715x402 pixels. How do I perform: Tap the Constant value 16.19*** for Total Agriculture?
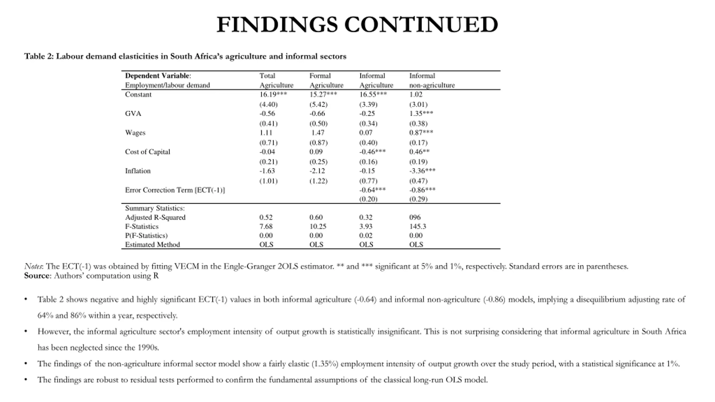(273, 94)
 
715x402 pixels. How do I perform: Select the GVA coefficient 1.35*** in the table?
(421, 113)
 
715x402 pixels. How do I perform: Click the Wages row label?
(135, 133)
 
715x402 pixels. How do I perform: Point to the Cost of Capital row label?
(147, 152)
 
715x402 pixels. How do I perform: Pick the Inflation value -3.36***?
(422, 171)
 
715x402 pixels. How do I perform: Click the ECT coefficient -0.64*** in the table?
(372, 190)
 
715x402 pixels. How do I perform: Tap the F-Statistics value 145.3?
(418, 226)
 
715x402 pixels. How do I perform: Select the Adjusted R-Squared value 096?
(415, 217)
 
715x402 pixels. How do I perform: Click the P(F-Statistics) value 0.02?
(366, 235)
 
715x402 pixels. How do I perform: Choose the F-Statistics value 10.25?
(318, 226)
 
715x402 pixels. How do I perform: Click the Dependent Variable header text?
(158, 76)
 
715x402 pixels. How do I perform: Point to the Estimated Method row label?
(152, 245)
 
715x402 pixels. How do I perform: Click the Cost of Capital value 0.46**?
(419, 152)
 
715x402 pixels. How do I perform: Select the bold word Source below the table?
(37, 276)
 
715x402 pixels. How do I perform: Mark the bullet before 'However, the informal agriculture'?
(26, 331)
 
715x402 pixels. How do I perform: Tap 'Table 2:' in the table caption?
(39, 56)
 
